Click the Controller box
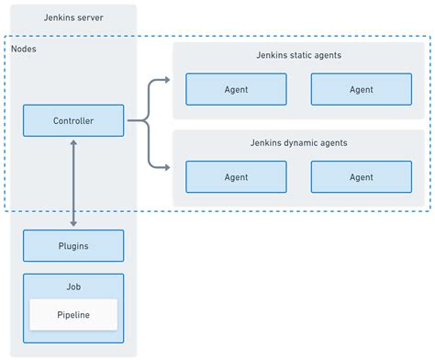click(x=73, y=120)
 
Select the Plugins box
click(x=73, y=246)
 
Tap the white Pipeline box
click(x=73, y=314)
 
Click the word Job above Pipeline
click(x=73, y=286)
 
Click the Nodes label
click(x=25, y=47)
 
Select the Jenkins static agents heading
click(x=298, y=55)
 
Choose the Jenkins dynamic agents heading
click(x=298, y=143)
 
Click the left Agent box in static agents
click(x=236, y=89)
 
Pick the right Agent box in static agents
click(x=361, y=89)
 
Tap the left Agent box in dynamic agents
click(x=236, y=177)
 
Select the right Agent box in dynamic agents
click(x=361, y=177)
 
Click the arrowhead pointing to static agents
click(x=165, y=80)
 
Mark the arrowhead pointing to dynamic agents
click(x=165, y=166)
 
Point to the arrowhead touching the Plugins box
click(x=73, y=222)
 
